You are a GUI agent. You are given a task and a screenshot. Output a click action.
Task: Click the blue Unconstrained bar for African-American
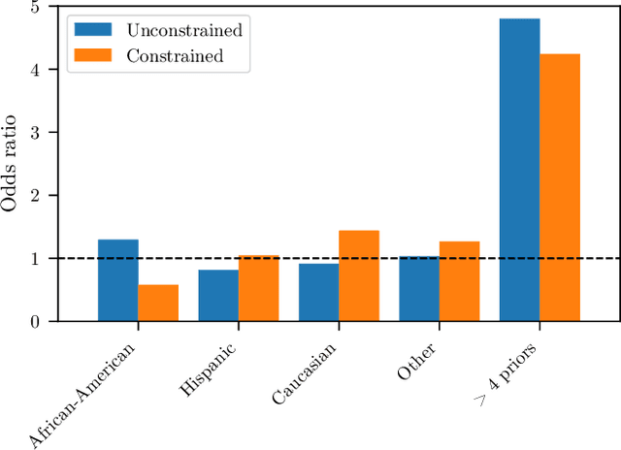[x=117, y=280]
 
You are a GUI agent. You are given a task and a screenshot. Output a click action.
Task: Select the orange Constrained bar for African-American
[x=158, y=303]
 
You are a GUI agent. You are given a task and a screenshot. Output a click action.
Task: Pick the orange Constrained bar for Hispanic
[x=258, y=288]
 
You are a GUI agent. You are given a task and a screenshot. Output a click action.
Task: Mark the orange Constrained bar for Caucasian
[x=358, y=275]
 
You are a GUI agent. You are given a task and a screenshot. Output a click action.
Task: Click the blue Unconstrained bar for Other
[x=418, y=288]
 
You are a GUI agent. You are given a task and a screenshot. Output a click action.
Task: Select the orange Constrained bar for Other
[x=459, y=281]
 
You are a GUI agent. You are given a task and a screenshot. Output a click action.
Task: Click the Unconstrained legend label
[x=184, y=29]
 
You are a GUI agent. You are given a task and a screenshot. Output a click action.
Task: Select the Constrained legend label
[x=176, y=55]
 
